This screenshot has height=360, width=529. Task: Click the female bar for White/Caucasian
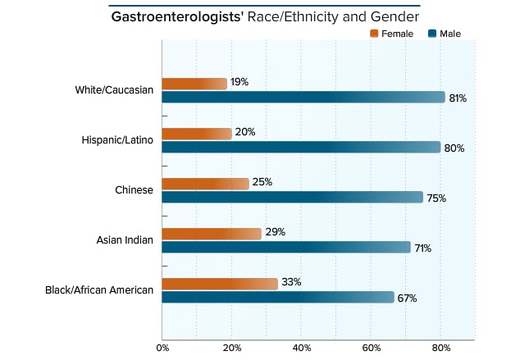click(194, 84)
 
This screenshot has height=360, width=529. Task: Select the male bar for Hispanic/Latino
click(301, 148)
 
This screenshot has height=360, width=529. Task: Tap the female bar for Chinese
click(205, 184)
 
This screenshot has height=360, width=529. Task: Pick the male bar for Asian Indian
click(286, 248)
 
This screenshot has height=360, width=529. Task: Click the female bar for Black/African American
click(220, 284)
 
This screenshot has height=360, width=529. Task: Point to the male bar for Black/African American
click(278, 298)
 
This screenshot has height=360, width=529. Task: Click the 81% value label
click(458, 98)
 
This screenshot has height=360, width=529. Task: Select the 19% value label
click(239, 83)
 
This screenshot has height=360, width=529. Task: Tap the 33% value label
click(291, 282)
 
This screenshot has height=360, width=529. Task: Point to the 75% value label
click(436, 198)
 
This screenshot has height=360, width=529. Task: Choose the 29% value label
click(275, 232)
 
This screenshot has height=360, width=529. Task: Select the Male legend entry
click(444, 34)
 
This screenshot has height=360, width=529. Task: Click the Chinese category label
click(134, 190)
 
